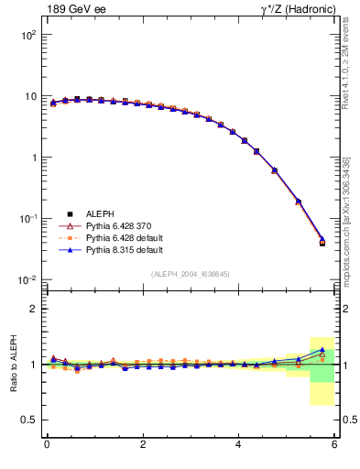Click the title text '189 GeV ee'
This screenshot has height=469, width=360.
73,9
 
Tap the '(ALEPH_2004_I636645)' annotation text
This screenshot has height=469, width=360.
190,274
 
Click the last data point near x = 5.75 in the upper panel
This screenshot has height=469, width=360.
322,242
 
